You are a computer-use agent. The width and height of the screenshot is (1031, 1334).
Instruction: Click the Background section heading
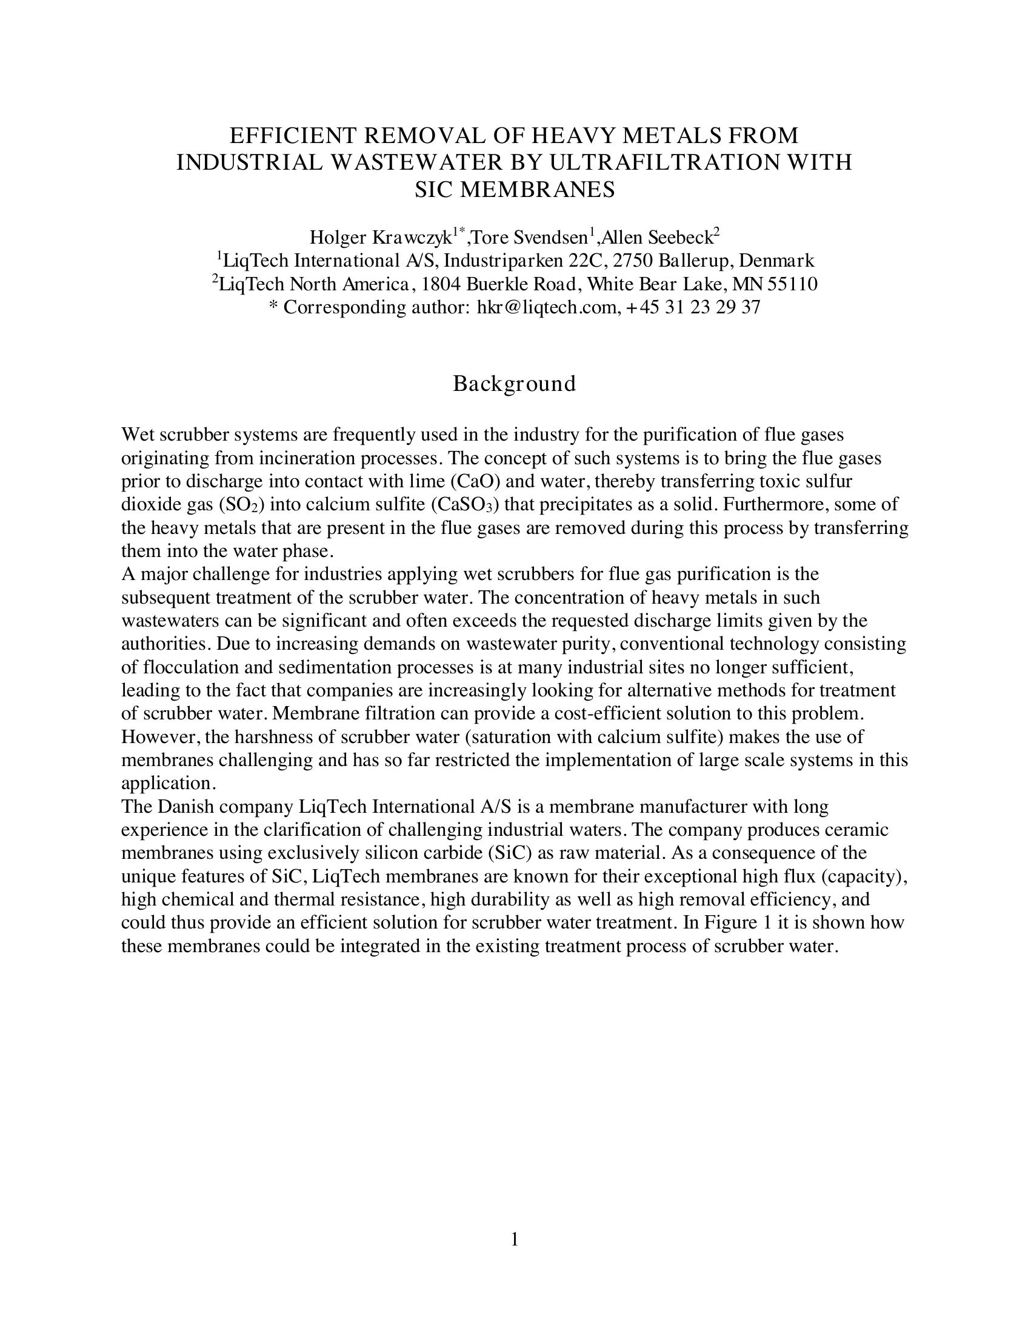point(514,384)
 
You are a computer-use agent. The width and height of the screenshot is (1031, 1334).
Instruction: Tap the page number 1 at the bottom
point(514,1239)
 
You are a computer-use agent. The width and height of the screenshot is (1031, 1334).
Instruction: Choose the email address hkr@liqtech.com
point(546,307)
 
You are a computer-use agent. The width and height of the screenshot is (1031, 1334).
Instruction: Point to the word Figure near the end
point(727,922)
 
